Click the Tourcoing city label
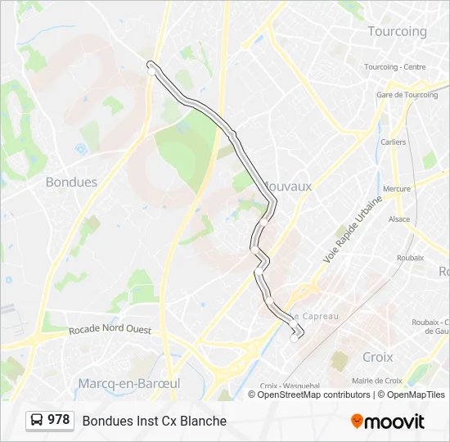[x=397, y=31]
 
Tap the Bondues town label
[x=71, y=182]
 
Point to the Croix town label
[x=377, y=357]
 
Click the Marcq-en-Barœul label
[x=128, y=383]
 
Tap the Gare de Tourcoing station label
[x=407, y=95]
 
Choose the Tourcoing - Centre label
[x=394, y=67]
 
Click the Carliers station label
[x=393, y=142]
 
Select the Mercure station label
[x=397, y=188]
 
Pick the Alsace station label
[x=399, y=219]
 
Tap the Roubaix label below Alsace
[x=410, y=257]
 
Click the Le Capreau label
[x=314, y=316]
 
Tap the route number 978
[x=58, y=420]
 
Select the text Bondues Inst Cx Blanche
[x=154, y=421]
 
